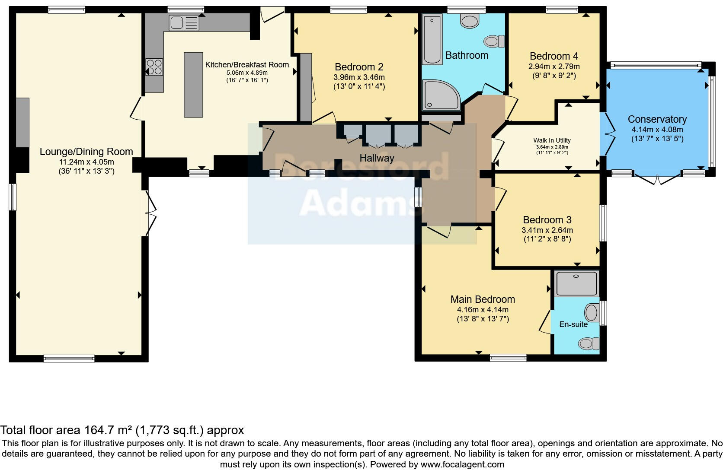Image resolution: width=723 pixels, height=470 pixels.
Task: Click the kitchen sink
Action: [184, 23]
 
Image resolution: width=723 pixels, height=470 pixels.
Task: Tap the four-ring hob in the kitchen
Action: [154, 67]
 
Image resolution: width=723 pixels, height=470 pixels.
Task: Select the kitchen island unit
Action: [193, 85]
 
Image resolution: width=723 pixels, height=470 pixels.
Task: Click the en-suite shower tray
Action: [577, 283]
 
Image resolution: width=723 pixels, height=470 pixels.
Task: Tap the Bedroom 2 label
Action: [359, 67]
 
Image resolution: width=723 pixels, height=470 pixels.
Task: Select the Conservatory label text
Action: [657, 119]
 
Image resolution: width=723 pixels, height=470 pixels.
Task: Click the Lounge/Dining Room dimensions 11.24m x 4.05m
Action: [86, 162]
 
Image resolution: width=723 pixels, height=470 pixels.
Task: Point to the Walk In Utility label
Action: [552, 140]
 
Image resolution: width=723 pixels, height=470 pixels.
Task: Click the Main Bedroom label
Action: [483, 299]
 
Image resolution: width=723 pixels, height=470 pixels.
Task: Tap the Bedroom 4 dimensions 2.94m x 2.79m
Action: [554, 67]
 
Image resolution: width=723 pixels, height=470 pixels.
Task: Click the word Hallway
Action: [377, 158]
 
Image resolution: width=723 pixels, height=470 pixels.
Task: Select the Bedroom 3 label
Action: [547, 220]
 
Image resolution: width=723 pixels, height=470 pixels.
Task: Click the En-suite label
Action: [573, 324]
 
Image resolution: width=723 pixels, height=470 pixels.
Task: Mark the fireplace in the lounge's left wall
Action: [22, 122]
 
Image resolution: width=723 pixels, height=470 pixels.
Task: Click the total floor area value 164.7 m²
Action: [108, 430]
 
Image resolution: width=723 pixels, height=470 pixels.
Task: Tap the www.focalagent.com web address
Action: [462, 465]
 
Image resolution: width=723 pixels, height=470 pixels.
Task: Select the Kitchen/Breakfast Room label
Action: [247, 65]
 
